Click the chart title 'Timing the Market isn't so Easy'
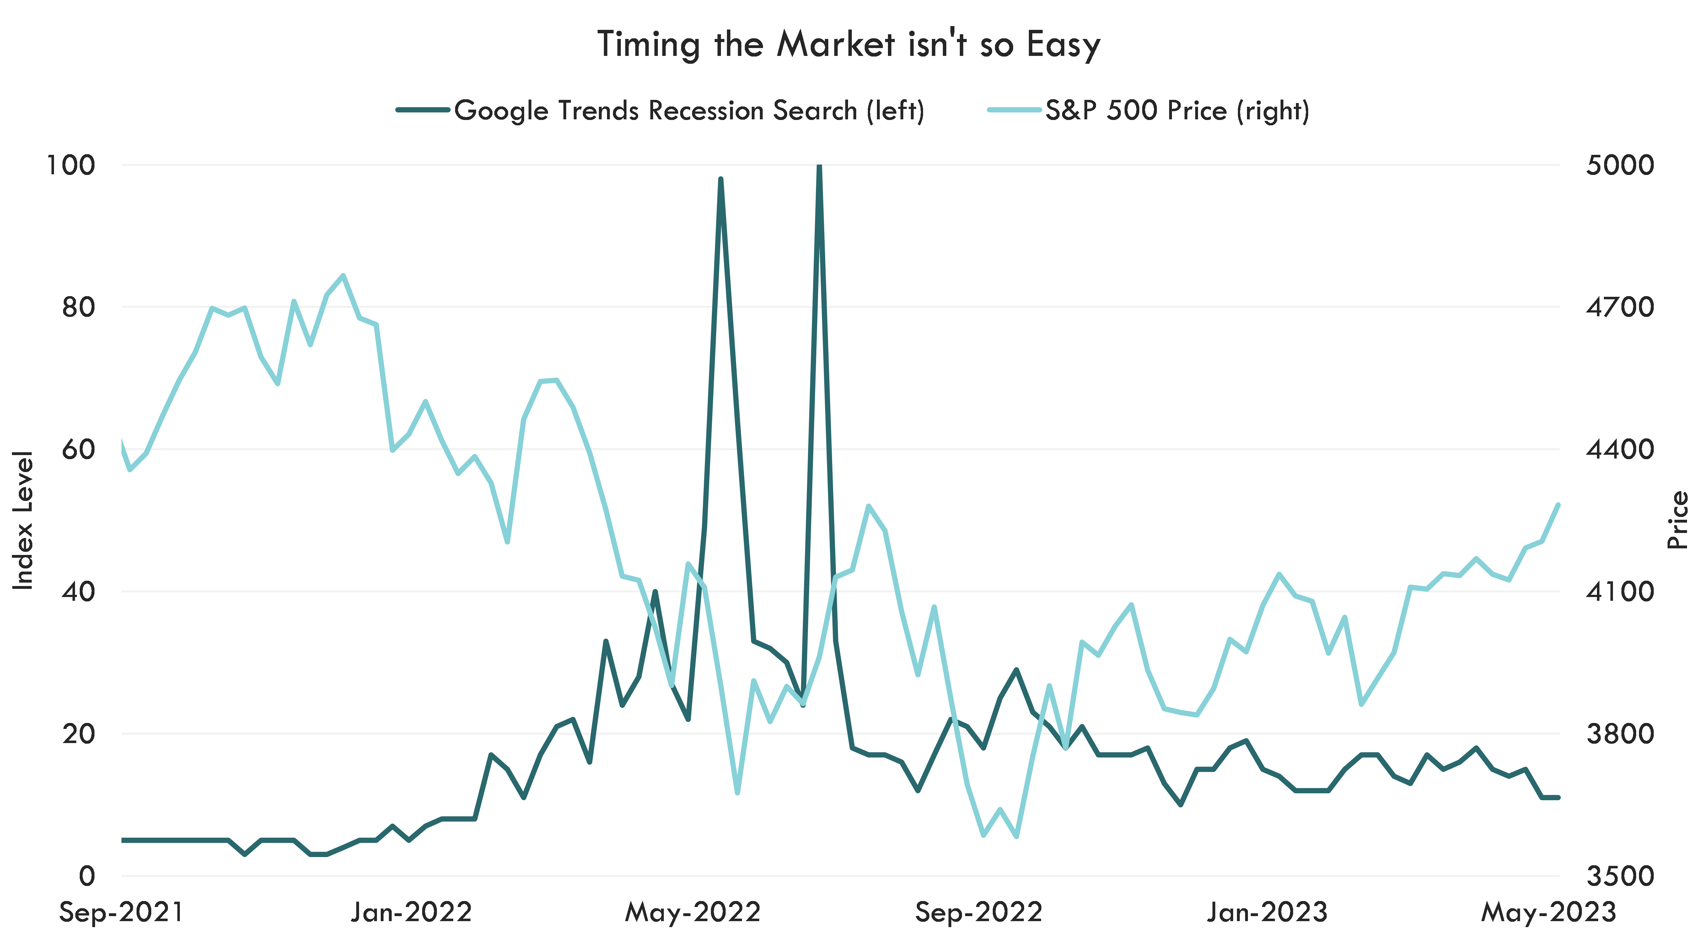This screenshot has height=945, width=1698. (x=849, y=45)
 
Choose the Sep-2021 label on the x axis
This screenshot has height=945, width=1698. (x=121, y=913)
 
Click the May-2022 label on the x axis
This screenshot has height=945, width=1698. (x=693, y=913)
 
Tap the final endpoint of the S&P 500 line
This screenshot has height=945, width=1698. (x=1558, y=504)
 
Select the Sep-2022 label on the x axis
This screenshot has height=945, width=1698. (x=979, y=913)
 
